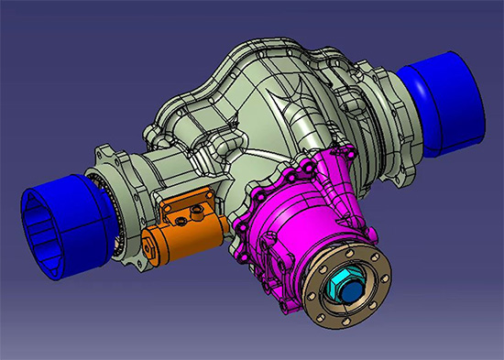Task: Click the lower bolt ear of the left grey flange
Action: pos(128,267)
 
